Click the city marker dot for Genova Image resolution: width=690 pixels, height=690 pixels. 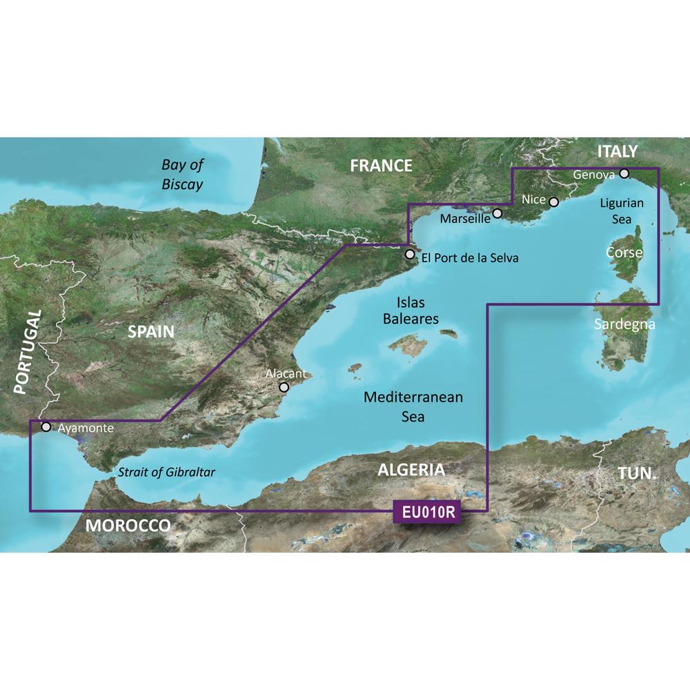624,174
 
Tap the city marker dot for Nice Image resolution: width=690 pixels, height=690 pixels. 553,201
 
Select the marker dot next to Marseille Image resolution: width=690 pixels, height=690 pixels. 497,214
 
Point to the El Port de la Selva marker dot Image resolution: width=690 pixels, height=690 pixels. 410,255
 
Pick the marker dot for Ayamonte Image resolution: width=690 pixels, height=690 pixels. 46,427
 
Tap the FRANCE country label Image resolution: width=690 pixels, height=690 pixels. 381,166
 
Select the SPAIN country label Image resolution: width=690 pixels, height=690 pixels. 151,332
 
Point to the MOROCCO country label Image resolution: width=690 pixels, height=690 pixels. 128,526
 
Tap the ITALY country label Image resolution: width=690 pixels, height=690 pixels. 618,151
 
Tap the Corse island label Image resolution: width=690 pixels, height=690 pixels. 624,253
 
